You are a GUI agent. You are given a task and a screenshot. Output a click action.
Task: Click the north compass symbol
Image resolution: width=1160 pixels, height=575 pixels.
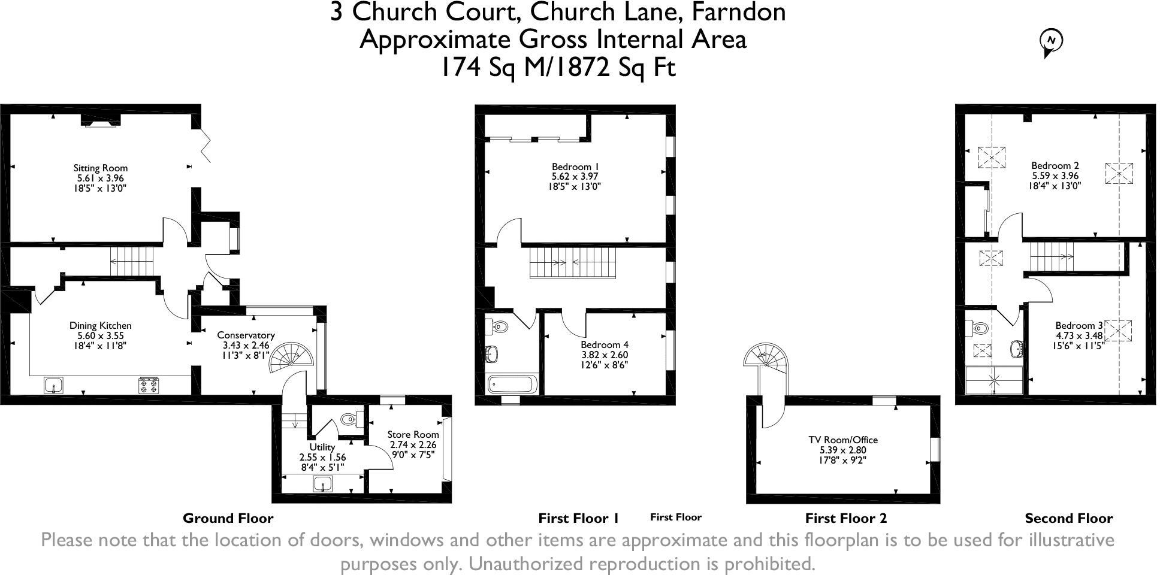[x=1050, y=41]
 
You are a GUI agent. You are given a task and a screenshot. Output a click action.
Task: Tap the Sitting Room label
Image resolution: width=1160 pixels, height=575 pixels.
[x=100, y=168]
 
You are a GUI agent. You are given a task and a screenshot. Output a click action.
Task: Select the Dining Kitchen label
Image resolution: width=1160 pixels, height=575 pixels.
[x=100, y=326]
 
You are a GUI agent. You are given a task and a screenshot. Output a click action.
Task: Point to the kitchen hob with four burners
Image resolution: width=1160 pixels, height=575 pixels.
[x=147, y=385]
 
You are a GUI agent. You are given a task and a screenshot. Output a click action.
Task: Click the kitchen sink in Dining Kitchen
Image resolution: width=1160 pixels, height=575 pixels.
[x=53, y=385]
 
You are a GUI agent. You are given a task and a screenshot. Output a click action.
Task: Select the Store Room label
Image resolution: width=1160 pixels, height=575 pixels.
[x=413, y=435]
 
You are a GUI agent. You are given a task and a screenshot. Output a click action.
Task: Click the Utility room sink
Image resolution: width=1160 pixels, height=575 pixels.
[x=324, y=483]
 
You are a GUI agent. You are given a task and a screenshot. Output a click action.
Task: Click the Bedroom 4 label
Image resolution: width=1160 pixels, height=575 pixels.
[x=604, y=345]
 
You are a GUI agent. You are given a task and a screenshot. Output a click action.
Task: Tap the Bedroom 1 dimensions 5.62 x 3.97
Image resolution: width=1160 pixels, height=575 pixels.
[x=575, y=177]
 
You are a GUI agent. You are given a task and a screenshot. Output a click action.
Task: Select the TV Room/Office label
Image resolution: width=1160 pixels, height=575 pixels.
[x=842, y=440]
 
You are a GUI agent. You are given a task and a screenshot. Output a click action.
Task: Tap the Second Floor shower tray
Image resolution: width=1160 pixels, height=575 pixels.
[x=994, y=380]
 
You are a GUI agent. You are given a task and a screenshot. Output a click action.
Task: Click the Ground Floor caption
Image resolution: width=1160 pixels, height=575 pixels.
[x=228, y=519]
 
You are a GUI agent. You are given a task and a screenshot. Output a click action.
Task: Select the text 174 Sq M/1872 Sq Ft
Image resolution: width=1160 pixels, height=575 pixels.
[x=558, y=67]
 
